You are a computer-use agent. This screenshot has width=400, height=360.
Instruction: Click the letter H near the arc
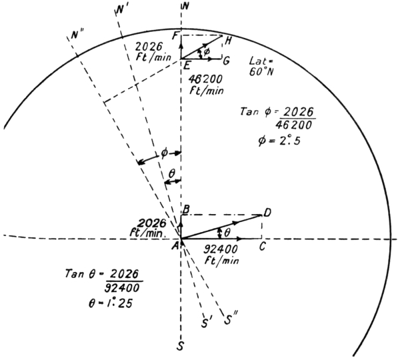(228, 41)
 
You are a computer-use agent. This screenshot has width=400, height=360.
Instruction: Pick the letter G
(227, 61)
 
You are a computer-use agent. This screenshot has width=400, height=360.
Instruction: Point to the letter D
(267, 213)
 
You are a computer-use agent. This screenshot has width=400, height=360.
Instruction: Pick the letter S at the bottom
(181, 347)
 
